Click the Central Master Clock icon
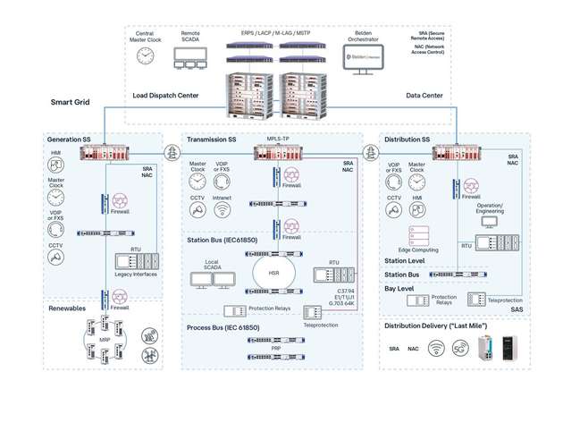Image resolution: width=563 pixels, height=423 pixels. point(146,55)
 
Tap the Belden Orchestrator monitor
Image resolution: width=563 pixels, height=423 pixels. point(364,59)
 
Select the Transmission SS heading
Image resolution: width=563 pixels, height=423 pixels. point(213,140)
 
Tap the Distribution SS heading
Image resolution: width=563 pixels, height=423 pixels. point(408,140)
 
